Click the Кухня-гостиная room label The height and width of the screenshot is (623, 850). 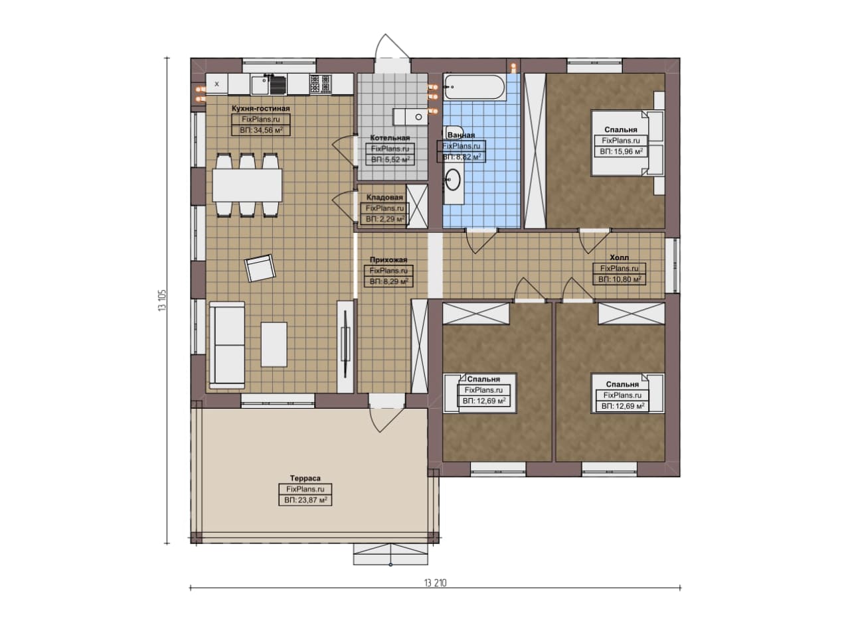260,109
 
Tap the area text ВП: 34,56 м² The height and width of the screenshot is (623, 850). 261,131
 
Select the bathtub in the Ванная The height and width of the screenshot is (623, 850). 474,87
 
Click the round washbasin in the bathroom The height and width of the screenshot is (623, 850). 453,179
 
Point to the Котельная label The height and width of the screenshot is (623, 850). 390,138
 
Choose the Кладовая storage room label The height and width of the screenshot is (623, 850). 384,198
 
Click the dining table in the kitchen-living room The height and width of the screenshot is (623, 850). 247,185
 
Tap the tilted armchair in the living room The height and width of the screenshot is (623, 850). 260,267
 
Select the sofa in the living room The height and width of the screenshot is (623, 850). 227,345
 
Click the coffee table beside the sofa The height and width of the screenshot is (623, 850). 274,344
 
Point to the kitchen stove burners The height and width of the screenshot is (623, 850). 320,84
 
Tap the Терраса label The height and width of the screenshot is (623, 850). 305,478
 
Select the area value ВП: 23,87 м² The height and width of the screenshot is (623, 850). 305,500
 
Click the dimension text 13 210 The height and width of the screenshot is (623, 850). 435,583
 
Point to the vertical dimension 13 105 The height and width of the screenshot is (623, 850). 163,301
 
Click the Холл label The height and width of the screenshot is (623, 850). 619,257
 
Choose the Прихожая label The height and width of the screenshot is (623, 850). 388,259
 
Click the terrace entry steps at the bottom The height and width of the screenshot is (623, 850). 391,555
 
